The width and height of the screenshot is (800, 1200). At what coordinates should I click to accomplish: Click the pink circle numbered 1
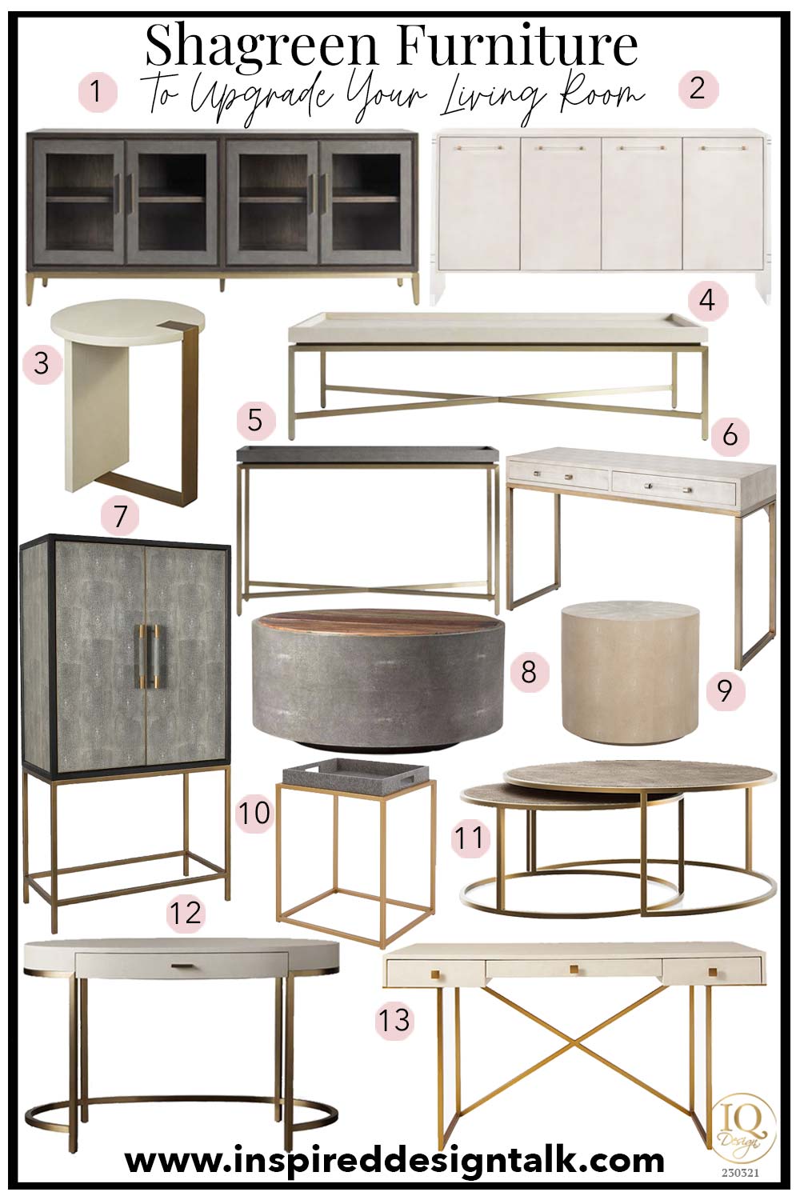(97, 91)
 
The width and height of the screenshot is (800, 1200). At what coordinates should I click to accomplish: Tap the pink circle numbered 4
(706, 300)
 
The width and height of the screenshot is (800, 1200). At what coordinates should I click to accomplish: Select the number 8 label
(528, 671)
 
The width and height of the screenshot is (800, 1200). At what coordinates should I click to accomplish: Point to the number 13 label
(394, 1020)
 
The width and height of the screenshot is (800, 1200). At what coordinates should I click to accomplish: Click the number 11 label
(470, 838)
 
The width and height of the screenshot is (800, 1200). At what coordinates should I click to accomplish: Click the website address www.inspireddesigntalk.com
(394, 1159)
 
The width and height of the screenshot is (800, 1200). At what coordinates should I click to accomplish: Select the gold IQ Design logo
(744, 1127)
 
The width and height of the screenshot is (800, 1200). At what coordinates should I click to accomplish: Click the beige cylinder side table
(630, 674)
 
